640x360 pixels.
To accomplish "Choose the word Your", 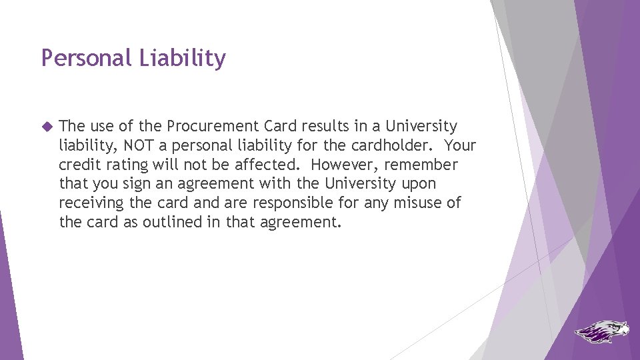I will pyautogui.click(x=461, y=145).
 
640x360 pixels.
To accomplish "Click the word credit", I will pyautogui.click(x=79, y=165).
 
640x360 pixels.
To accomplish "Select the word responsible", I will pyautogui.click(x=315, y=203).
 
